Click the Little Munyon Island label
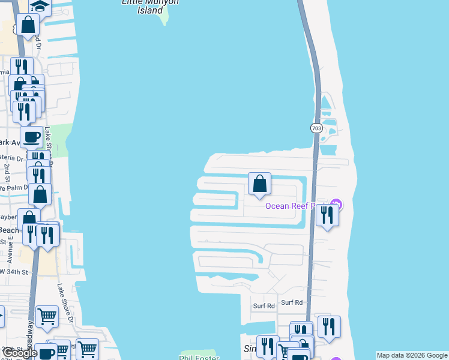[142, 6]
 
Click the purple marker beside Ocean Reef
[337, 205]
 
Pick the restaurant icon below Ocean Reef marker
[327, 215]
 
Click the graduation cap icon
[40, 6]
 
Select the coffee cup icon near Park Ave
[31, 137]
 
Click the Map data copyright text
[412, 355]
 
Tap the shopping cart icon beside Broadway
[47, 316]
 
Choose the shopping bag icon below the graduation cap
[28, 25]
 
